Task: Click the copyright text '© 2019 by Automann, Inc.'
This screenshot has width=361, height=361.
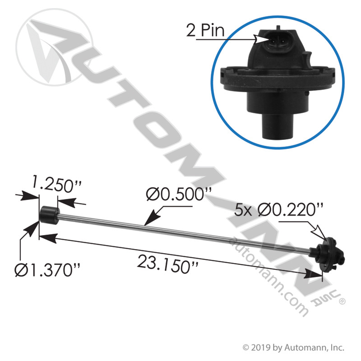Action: point(294,347)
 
